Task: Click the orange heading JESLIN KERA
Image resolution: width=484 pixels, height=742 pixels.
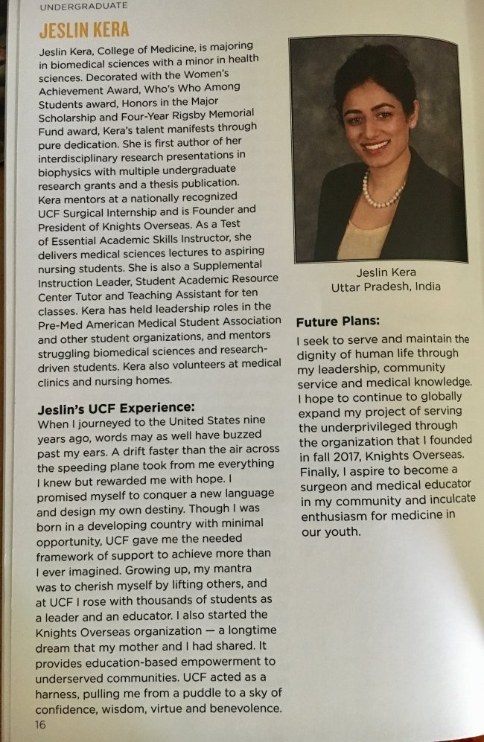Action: (x=83, y=31)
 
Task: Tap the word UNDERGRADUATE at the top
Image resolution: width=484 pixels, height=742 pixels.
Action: (x=83, y=6)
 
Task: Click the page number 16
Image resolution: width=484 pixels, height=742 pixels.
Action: (x=40, y=723)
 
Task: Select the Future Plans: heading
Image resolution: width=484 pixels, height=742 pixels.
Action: (x=338, y=322)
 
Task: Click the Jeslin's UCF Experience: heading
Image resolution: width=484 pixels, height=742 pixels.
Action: (x=115, y=407)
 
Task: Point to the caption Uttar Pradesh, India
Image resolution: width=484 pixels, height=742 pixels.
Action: (x=386, y=287)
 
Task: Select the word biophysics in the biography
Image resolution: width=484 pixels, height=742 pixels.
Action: (x=68, y=168)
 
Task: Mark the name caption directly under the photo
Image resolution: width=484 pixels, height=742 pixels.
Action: (x=385, y=272)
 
